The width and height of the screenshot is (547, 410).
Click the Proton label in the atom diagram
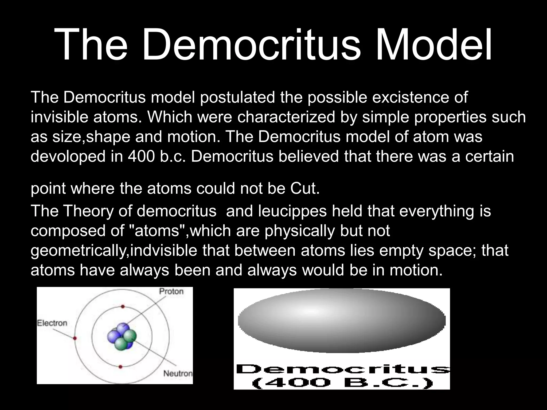tap(171, 291)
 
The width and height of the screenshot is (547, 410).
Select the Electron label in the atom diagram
tap(52, 323)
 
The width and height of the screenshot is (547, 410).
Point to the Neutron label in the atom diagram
tap(178, 373)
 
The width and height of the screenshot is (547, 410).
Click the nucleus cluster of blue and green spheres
tap(122, 337)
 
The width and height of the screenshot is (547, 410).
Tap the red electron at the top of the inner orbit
tap(123, 307)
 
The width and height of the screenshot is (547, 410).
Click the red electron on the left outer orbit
tap(75, 338)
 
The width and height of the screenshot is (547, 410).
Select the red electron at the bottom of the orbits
tap(120, 367)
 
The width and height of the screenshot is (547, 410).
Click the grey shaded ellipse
tap(342, 320)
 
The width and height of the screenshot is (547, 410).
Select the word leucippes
tap(292, 211)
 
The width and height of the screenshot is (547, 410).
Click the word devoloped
tap(68, 156)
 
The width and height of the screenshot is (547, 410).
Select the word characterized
tap(286, 117)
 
